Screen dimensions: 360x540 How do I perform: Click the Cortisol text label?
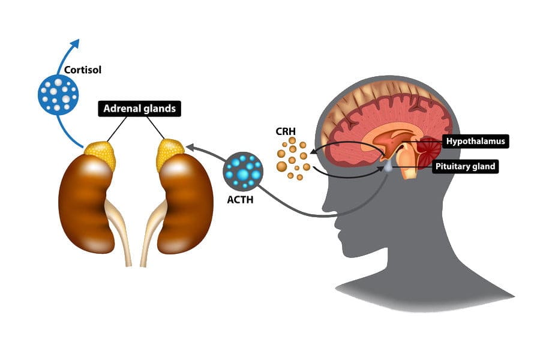click(x=83, y=70)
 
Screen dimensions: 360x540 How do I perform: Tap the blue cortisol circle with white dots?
click(x=58, y=94)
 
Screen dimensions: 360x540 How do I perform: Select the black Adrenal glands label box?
click(x=139, y=109)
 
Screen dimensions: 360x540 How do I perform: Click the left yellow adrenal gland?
click(x=100, y=155)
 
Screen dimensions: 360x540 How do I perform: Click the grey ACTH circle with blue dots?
click(x=243, y=171)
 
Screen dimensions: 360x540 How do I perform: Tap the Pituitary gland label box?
click(x=466, y=166)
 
